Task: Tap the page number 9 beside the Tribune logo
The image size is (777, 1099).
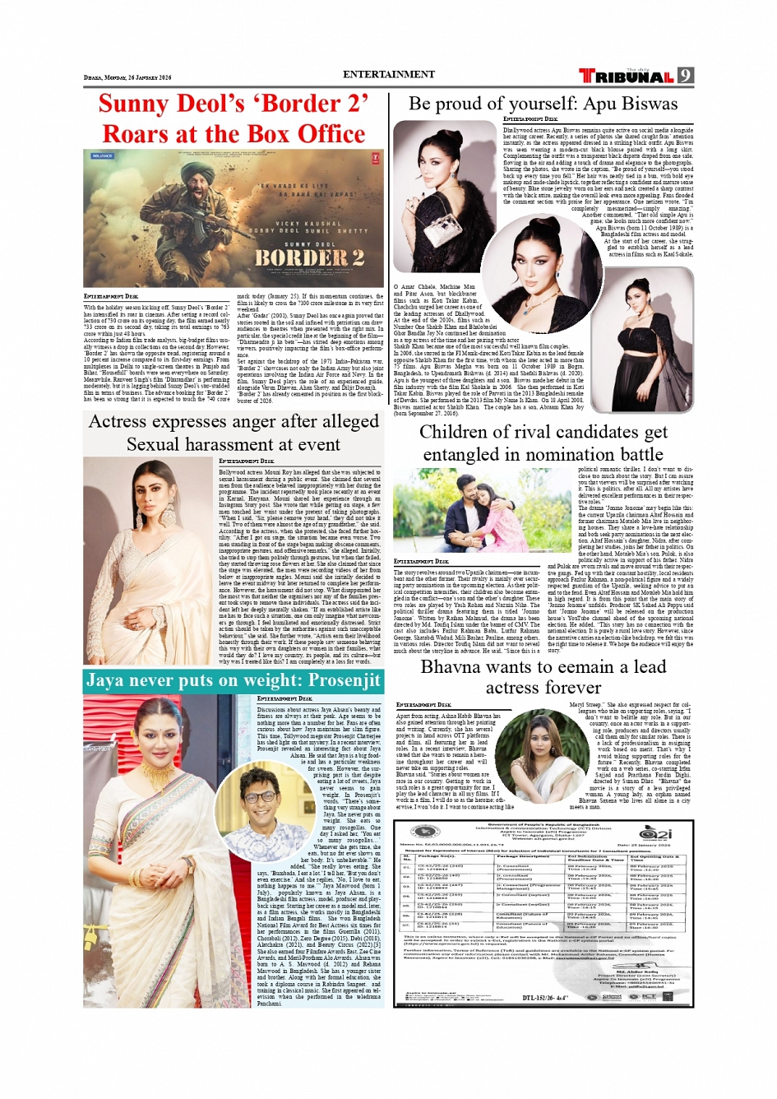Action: (x=685, y=76)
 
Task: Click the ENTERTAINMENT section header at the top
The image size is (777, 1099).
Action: (x=388, y=74)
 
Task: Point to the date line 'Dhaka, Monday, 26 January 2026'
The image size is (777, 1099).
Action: (x=127, y=77)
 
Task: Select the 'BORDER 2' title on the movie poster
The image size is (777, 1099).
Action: (x=308, y=257)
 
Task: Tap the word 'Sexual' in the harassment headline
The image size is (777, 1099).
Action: (x=157, y=444)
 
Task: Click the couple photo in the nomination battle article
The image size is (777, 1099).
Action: (x=483, y=511)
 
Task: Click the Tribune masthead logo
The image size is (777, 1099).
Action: (x=627, y=77)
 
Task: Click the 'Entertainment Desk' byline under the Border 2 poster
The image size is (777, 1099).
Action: (x=111, y=296)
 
